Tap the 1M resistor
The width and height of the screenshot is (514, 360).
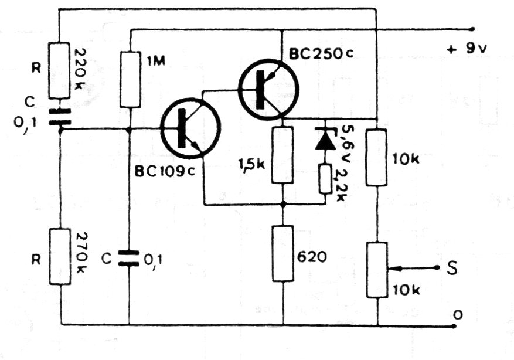pyautogui.click(x=129, y=79)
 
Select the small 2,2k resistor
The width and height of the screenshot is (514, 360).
pyautogui.click(x=325, y=179)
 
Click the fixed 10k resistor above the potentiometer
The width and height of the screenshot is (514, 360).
pyautogui.click(x=377, y=158)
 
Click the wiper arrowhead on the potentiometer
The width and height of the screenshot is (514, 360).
pyautogui.click(x=391, y=268)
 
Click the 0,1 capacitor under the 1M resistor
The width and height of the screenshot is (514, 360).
pyautogui.click(x=129, y=258)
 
